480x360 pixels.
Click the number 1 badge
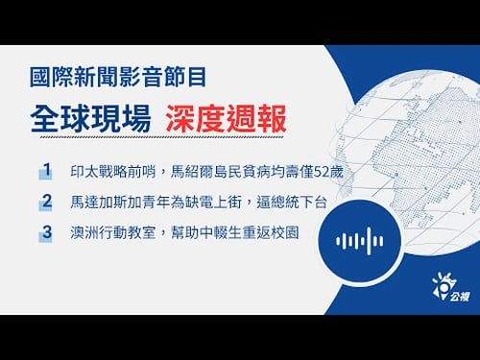[x=45, y=171]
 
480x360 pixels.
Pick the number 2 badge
[x=45, y=201]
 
